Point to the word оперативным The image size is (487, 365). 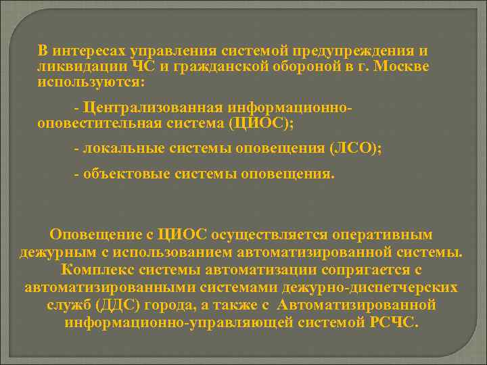385,235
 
